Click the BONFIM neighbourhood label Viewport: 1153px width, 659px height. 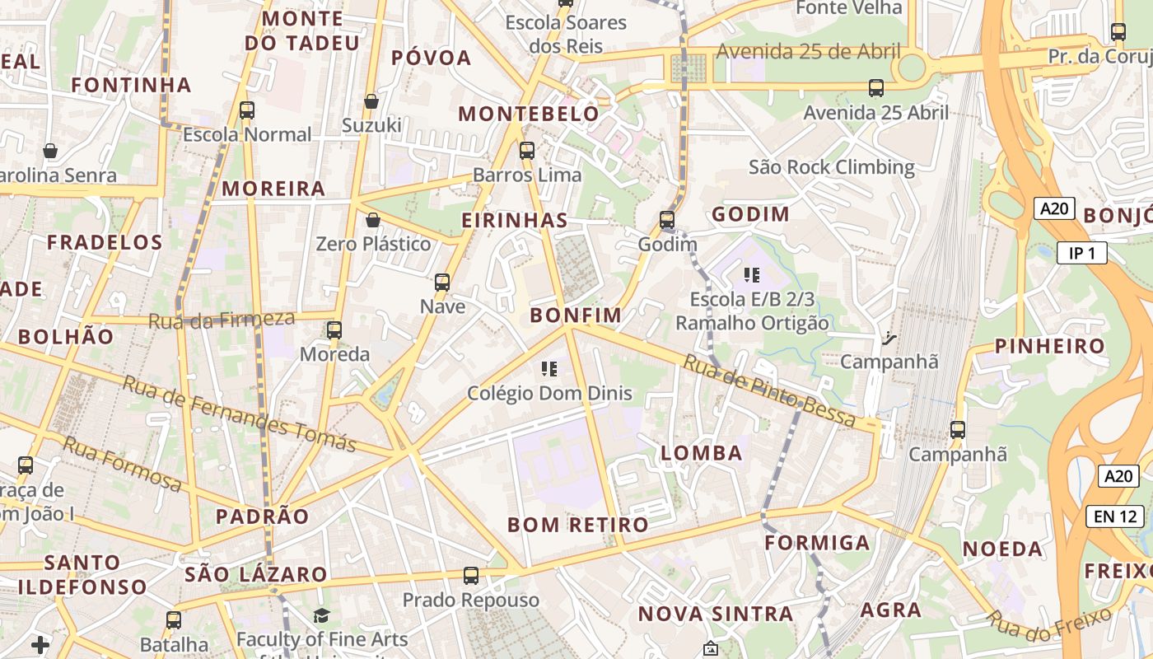[576, 315]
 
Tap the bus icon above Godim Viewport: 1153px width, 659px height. [667, 220]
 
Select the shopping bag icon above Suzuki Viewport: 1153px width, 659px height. [371, 101]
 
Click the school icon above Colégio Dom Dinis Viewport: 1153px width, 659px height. [549, 368]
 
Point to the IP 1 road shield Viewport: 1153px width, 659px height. [1081, 253]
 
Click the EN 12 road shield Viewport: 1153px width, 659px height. [1115, 516]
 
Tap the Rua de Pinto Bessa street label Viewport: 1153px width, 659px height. [770, 390]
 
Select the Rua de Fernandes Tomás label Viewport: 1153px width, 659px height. [240, 414]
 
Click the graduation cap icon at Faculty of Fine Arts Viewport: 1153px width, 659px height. [321, 615]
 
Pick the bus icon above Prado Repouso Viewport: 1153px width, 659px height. [471, 575]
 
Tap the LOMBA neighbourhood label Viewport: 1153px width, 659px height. [702, 452]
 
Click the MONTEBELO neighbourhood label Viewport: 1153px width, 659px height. [529, 114]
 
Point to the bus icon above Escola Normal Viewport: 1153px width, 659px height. [246, 110]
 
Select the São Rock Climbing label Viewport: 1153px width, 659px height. [831, 167]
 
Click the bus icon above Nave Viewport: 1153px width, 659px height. [442, 282]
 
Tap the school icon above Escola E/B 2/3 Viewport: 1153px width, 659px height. [751, 274]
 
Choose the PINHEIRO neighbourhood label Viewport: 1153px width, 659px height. [1049, 346]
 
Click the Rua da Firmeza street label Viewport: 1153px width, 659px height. [222, 320]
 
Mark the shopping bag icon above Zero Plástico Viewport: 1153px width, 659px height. [373, 220]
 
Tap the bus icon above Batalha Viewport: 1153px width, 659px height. [174, 619]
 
